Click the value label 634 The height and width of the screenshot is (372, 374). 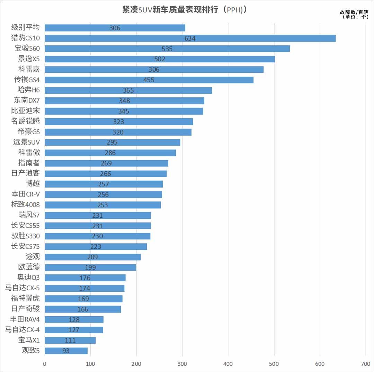190,38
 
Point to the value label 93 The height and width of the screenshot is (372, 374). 66,351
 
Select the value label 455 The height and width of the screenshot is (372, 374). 149,80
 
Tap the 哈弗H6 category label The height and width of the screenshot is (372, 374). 28,90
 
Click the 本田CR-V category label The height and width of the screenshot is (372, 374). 26,194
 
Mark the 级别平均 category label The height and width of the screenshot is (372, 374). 26,28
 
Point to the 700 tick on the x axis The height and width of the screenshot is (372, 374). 366,364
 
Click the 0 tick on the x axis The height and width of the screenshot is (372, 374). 45,364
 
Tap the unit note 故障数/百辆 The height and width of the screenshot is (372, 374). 354,12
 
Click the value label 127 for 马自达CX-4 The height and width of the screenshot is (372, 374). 74,330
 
